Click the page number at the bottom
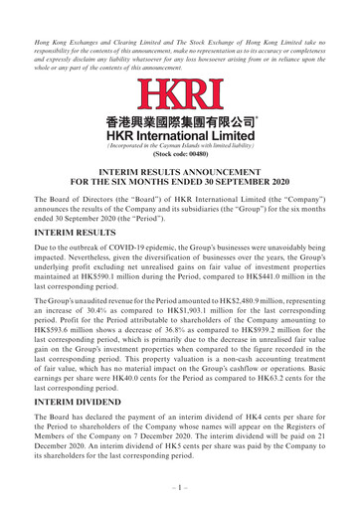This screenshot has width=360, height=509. click(x=180, y=494)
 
